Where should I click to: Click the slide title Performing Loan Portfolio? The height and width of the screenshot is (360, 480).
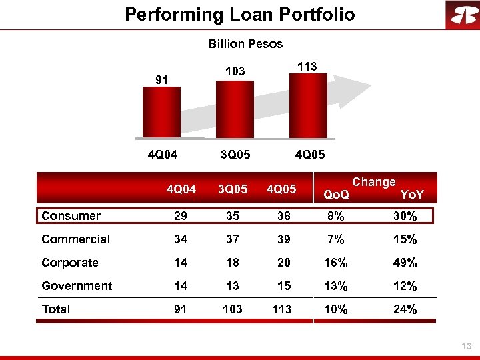click(240, 14)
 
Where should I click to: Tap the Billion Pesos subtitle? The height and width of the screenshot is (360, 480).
click(245, 44)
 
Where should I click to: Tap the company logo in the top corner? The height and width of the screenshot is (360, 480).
click(463, 15)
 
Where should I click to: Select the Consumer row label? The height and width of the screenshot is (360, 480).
click(71, 216)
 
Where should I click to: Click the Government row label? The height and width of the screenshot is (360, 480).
click(77, 286)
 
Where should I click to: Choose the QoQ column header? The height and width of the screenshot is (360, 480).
click(336, 195)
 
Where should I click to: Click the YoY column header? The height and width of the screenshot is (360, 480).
click(411, 195)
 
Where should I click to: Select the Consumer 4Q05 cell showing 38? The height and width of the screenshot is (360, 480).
click(284, 216)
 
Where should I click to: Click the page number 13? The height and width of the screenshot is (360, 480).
click(466, 345)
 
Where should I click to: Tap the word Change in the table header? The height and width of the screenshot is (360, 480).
click(374, 182)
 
